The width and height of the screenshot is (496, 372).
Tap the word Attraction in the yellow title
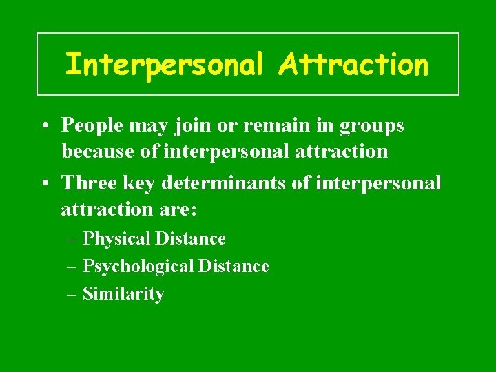click(354, 65)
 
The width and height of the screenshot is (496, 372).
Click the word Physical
click(116, 239)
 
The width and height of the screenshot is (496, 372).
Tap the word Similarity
click(123, 294)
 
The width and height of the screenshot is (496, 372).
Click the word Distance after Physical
click(191, 239)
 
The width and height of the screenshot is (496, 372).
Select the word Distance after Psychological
click(234, 266)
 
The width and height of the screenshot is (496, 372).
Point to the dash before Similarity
click(72, 295)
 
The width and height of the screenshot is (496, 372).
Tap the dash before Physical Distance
click(72, 240)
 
